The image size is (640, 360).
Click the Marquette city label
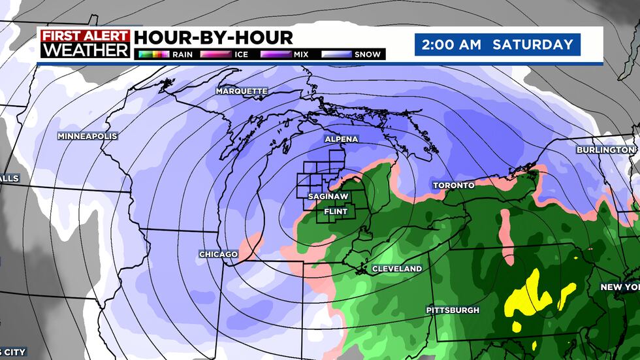click(242, 91)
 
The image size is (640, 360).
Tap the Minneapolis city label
click(87, 136)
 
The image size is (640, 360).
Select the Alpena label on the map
click(341, 139)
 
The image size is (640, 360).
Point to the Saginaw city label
click(332, 196)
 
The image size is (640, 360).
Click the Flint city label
click(336, 211)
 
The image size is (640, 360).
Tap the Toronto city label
click(453, 186)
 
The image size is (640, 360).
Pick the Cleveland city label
click(396, 269)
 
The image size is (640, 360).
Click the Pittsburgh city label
click(453, 310)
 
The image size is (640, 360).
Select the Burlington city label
click(601, 150)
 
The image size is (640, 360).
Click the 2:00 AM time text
click(451, 45)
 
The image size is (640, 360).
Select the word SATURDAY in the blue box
click(532, 45)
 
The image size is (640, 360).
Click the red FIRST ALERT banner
click(84, 35)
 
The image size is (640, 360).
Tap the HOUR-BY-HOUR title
click(213, 37)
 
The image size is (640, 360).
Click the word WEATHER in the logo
click(84, 50)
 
